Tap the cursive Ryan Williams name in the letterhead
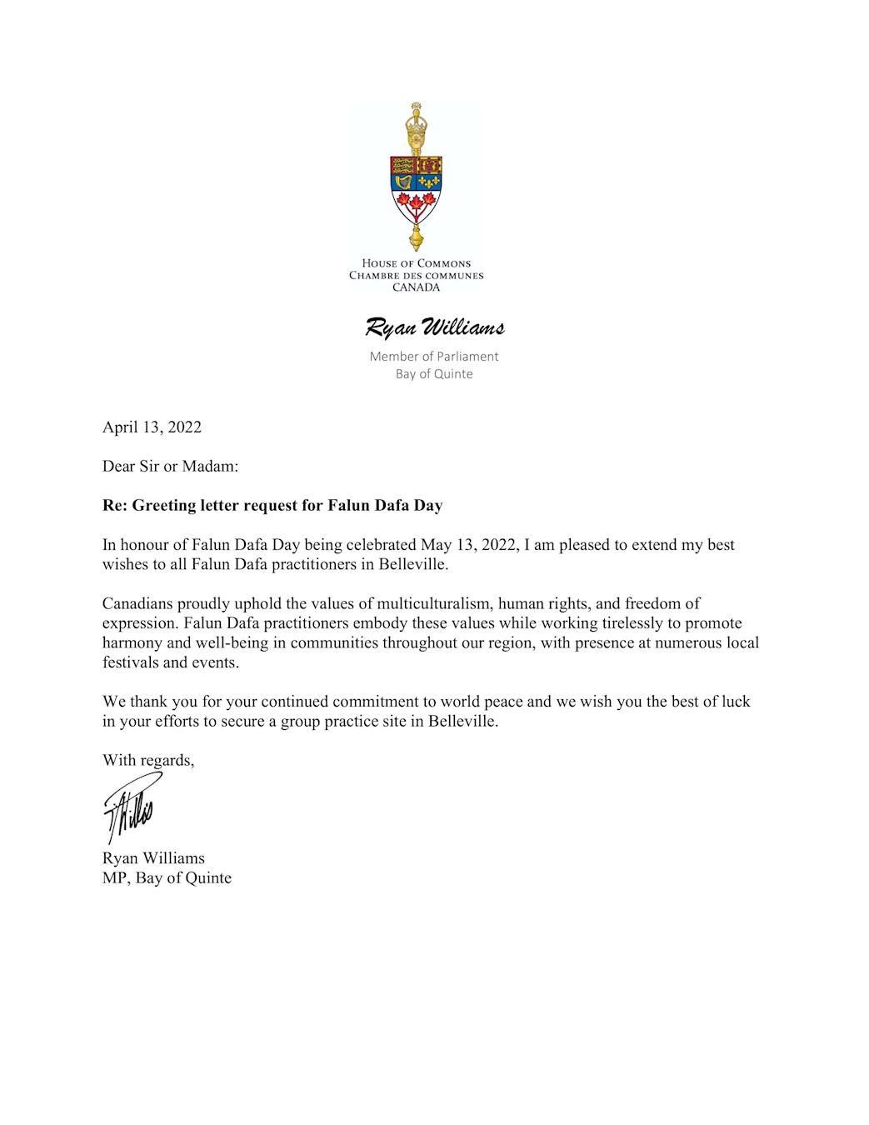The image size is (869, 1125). point(434,327)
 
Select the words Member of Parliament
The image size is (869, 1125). point(434,357)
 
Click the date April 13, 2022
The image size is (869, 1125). point(152,427)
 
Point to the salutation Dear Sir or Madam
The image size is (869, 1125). point(170,467)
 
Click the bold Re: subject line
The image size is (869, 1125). point(272,506)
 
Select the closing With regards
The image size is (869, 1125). point(148,761)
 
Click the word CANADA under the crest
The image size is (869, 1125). point(416,287)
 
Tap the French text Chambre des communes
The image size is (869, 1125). point(416,276)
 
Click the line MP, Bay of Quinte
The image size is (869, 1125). point(167,878)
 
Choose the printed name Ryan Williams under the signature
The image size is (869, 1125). point(153,858)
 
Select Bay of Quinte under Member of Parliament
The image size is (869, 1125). point(434,374)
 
